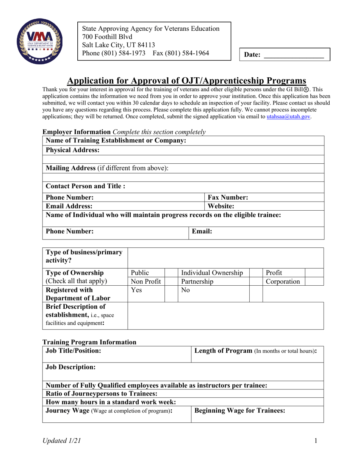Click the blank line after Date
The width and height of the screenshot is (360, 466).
click(293, 55)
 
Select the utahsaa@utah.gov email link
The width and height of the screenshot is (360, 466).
click(289, 117)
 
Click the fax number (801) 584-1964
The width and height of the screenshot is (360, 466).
click(181, 53)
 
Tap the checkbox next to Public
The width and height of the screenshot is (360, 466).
click(171, 273)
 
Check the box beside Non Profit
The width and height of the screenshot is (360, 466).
click(171, 281)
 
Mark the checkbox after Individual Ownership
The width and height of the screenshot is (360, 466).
click(256, 273)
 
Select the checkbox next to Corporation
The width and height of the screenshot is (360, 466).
click(314, 281)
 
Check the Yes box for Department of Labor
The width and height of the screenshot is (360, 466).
click(171, 294)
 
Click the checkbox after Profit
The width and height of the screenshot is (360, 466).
click(314, 273)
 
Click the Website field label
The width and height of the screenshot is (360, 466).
click(221, 206)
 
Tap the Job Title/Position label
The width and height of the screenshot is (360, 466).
click(74, 351)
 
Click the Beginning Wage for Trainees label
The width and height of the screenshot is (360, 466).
click(239, 410)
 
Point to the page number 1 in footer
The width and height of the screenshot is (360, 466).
click(315, 441)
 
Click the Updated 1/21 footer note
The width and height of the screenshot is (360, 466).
click(61, 441)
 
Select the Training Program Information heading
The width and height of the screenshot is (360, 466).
click(89, 342)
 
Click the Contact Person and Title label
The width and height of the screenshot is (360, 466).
click(85, 186)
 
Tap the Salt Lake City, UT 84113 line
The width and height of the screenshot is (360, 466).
click(119, 45)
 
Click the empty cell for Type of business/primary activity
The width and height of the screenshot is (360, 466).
click(225, 258)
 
